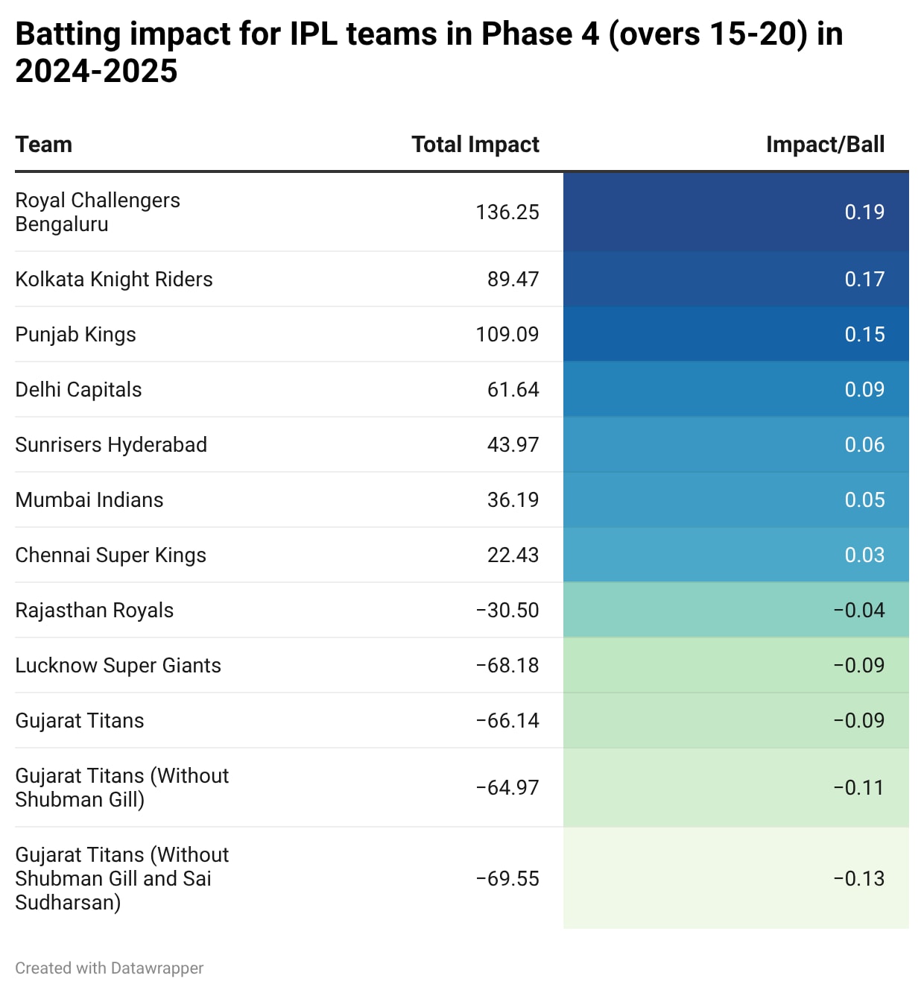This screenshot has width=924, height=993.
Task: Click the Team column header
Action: click(x=44, y=145)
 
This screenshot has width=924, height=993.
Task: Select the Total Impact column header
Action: click(x=475, y=145)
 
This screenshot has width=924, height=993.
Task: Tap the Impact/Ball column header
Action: click(x=825, y=145)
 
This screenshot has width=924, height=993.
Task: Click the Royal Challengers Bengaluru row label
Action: click(x=98, y=212)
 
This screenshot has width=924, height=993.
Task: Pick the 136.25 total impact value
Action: click(x=507, y=212)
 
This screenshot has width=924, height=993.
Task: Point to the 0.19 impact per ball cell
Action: click(x=864, y=212)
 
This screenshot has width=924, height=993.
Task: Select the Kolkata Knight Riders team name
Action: click(x=114, y=280)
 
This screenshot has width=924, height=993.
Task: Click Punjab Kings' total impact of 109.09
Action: click(x=507, y=335)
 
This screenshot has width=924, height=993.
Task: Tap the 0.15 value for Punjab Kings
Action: click(x=864, y=335)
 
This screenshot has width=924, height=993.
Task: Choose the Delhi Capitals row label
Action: click(x=78, y=390)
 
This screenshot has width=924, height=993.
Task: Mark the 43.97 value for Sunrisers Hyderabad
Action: click(x=513, y=445)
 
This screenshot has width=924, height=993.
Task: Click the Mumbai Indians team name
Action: click(x=89, y=500)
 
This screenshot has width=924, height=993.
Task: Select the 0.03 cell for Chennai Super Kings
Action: click(x=864, y=555)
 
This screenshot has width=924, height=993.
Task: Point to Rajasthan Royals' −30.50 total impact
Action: click(x=507, y=611)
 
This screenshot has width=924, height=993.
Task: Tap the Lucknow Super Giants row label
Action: click(x=118, y=666)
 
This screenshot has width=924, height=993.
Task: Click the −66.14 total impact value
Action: click(x=507, y=721)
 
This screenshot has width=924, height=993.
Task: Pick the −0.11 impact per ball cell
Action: click(x=858, y=788)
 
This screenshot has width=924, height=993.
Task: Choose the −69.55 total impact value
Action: click(x=507, y=879)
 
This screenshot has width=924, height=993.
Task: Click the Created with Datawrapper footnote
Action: click(x=109, y=968)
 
